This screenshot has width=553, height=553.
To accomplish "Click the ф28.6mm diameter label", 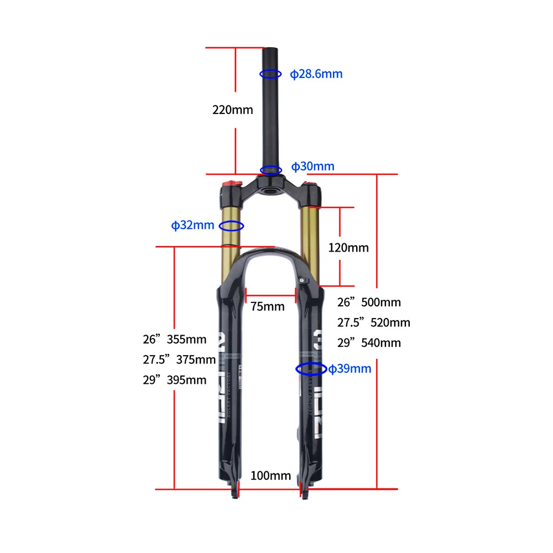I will tap(316, 74).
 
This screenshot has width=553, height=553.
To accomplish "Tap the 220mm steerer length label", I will tap(232, 109).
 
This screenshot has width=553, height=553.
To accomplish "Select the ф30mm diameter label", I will tap(313, 166).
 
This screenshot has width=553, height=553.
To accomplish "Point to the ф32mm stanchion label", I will tap(192, 225).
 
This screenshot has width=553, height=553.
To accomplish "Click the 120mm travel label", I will tap(348, 247).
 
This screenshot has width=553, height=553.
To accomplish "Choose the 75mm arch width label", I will tap(267, 306).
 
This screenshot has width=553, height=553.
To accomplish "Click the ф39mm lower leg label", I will tap(349, 368).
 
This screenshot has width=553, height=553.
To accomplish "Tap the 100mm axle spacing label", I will tap(270, 475).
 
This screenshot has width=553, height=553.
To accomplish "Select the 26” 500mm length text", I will tap(369, 302).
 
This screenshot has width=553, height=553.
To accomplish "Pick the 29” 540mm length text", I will tap(369, 343).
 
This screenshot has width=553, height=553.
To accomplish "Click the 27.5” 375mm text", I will tap(179, 359).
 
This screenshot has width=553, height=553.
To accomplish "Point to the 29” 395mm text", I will tap(175, 380).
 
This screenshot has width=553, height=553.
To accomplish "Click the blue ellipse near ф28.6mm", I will tap(271, 74).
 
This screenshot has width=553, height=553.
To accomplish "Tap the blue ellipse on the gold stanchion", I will tap(232, 226).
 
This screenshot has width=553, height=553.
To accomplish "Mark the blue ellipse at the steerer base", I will tap(271, 170).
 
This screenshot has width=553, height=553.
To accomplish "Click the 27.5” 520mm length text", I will tap(374, 322).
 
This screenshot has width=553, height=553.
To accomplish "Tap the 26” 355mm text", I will tap(175, 339).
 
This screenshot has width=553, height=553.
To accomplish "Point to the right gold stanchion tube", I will tap(310, 243).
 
